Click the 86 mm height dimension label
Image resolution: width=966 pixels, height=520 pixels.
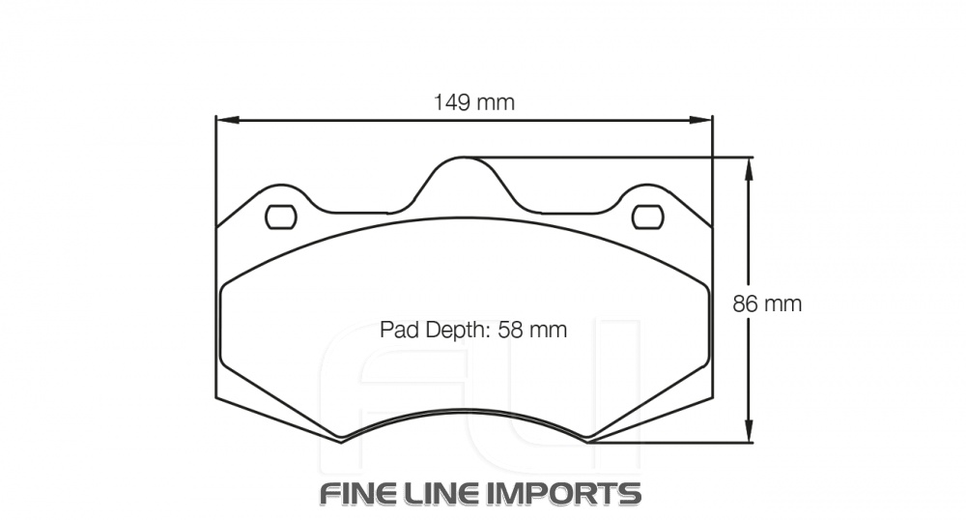(x=767, y=303)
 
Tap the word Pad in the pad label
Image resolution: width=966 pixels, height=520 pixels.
(x=397, y=330)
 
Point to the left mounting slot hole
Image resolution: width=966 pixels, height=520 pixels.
(x=280, y=217)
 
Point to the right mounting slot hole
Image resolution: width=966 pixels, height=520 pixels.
(x=647, y=217)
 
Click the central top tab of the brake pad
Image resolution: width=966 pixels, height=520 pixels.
(x=464, y=174)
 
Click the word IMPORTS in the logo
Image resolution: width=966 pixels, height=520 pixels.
(x=563, y=493)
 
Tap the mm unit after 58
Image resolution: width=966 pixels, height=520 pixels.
(x=547, y=330)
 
